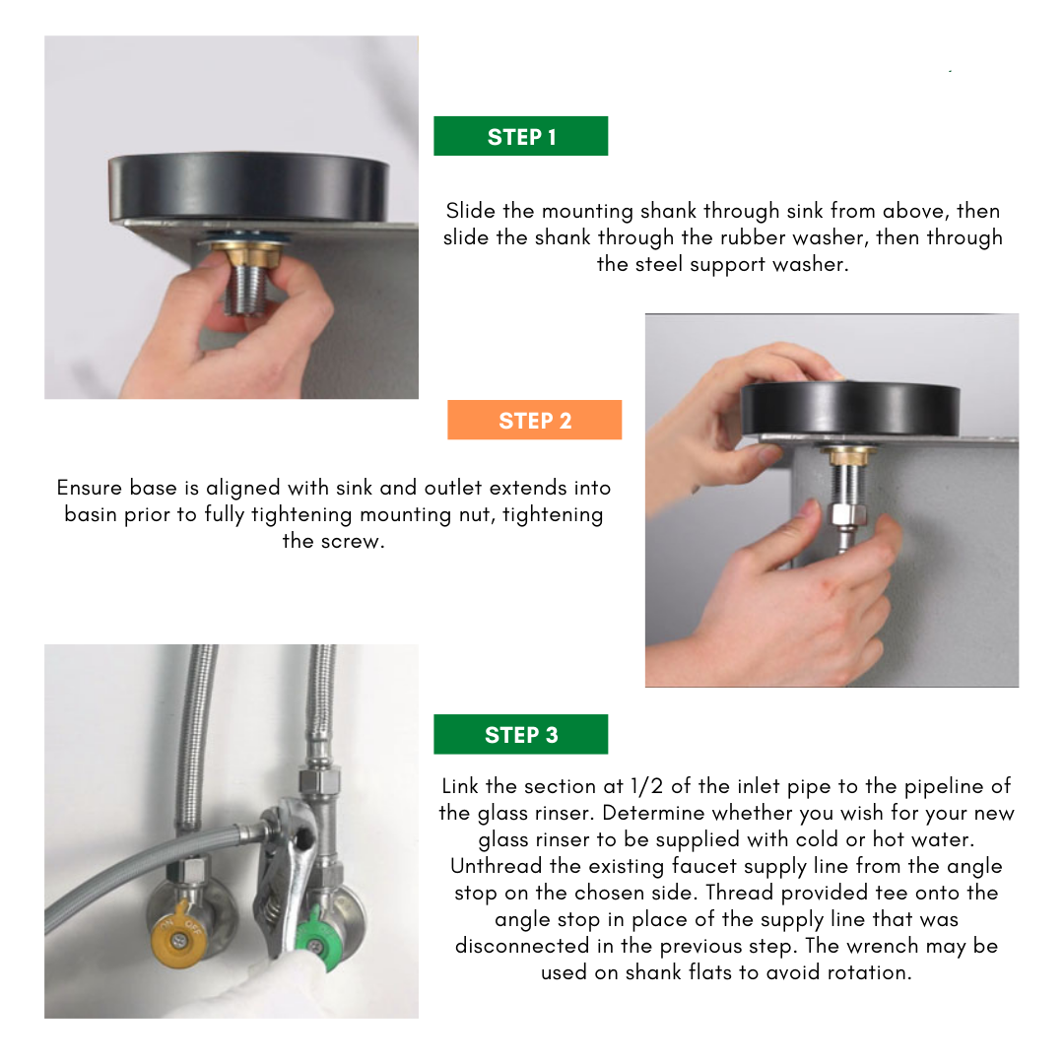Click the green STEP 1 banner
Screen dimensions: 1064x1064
[x=520, y=136]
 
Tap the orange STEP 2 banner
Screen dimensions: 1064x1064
[x=534, y=420]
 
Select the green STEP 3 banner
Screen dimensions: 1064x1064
[x=520, y=734]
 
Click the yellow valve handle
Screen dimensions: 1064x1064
[x=177, y=937]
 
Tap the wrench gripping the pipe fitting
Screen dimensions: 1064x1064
[x=285, y=876]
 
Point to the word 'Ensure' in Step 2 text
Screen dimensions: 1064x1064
[x=90, y=488]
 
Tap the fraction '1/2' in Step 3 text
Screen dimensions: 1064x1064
[x=646, y=786]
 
